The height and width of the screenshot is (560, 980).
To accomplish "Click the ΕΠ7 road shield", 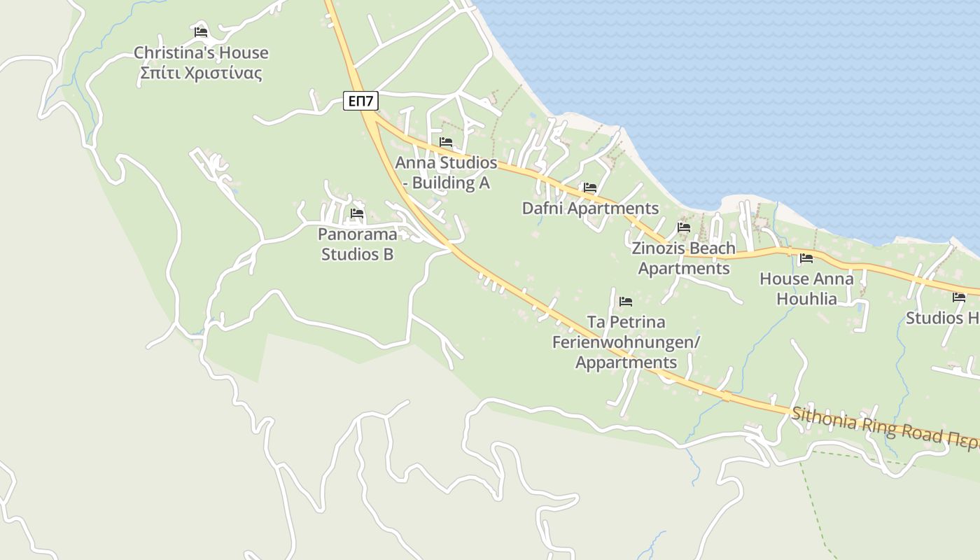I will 361,101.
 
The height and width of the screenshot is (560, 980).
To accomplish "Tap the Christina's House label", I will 201,53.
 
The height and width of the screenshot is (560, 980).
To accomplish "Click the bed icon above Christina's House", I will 201,32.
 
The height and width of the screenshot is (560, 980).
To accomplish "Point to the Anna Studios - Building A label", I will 446,173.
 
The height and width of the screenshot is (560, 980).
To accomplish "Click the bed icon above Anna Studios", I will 446,142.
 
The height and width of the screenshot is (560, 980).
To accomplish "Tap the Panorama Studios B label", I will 357,244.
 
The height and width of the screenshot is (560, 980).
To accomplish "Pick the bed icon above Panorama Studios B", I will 357,213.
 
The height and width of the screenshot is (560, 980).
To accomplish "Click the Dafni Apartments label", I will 590,209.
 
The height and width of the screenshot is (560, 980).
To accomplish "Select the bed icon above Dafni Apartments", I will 590,188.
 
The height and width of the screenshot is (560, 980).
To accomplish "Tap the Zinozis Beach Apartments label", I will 684,258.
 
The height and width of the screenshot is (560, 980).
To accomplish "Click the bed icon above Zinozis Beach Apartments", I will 684,227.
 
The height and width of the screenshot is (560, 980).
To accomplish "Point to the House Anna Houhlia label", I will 806,288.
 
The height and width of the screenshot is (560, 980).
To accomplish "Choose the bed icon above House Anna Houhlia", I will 806,258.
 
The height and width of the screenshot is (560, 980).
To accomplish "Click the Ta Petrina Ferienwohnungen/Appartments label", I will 626,342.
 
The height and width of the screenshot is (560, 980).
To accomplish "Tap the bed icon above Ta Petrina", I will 626,302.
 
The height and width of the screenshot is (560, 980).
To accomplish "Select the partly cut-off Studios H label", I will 942,318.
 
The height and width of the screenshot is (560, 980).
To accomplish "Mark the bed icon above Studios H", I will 959,297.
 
